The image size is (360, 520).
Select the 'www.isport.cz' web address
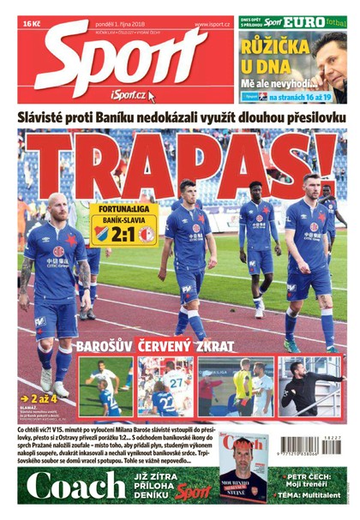point(212,25)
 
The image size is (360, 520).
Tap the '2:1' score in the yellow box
point(124,232)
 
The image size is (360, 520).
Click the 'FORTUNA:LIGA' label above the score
point(124,207)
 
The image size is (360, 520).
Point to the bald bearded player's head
point(56,208)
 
